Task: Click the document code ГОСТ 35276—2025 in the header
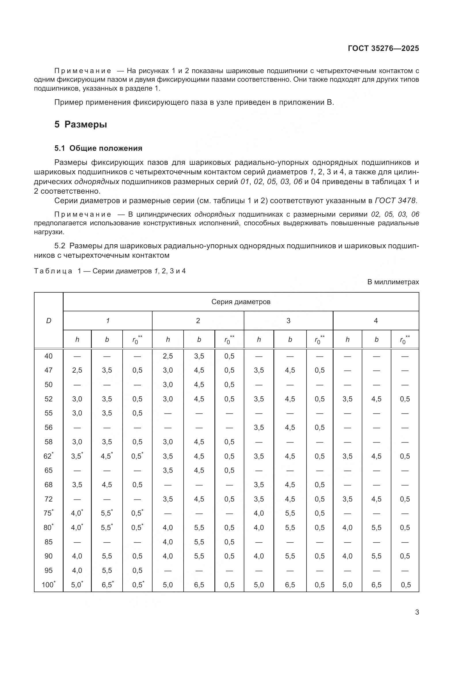[x=383, y=48]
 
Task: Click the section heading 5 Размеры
[x=81, y=125]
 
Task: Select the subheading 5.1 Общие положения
[x=98, y=148]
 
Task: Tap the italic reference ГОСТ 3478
[x=395, y=201]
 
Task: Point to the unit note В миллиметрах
[x=393, y=282]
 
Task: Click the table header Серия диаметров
[x=241, y=302]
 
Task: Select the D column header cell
[x=49, y=321]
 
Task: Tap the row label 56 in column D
[x=48, y=427]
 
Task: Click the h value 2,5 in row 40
[x=168, y=356]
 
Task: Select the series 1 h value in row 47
[x=77, y=370]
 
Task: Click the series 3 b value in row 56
[x=290, y=427]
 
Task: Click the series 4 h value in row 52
[x=347, y=399]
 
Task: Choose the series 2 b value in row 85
[x=199, y=542]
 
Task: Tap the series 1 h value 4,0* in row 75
[x=77, y=513]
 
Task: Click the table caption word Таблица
[x=53, y=271]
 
